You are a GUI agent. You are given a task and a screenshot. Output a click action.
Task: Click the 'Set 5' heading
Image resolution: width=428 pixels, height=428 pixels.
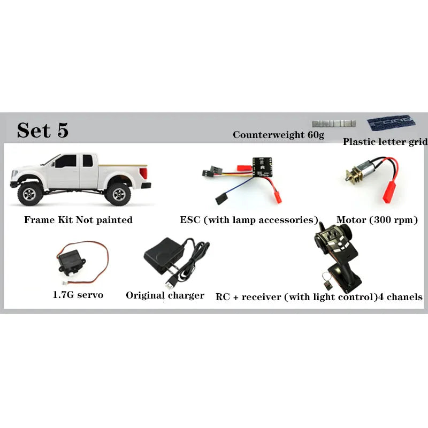pos(43,130)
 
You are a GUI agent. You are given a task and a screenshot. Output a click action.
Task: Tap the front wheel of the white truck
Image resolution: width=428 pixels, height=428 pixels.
pos(30,193)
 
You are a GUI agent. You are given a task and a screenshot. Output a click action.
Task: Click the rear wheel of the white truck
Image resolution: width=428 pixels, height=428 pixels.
pos(118,193)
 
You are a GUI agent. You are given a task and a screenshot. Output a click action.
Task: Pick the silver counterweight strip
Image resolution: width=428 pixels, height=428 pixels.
pos(334,124)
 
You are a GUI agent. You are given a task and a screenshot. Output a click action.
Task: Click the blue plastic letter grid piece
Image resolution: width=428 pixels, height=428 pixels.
pos(391,123)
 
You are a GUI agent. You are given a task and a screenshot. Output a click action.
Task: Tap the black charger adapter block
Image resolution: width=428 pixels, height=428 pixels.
pos(163,256)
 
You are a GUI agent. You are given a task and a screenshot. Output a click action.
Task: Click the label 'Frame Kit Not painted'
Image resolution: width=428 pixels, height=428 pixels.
pos(78,220)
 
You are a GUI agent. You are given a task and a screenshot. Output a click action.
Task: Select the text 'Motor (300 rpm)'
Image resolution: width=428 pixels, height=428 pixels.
pos(377,220)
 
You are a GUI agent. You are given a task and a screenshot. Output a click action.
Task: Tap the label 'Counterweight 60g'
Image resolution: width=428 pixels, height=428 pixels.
pos(278,135)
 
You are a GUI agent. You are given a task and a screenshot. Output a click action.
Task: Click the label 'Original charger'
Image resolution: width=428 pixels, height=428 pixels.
pos(165,295)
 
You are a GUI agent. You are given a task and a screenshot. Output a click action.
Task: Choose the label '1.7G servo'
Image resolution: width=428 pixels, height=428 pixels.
pos(78,295)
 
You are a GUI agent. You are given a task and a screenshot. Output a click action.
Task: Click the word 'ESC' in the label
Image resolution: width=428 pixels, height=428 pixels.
pos(190,220)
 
